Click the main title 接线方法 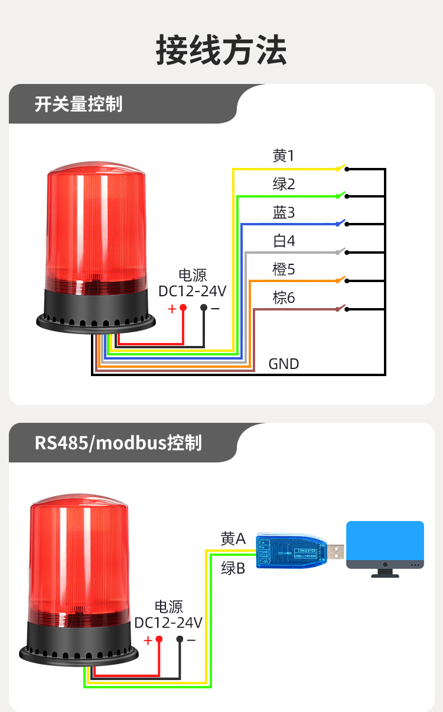point(221,50)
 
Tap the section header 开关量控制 point(79,104)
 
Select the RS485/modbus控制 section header point(118,442)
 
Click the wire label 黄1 point(284,156)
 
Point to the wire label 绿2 point(284,184)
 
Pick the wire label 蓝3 point(284,212)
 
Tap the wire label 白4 point(284,241)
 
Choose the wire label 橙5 point(284,269)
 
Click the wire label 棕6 point(284,297)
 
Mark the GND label point(284,364)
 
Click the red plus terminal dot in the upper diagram point(183,308)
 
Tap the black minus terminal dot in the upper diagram point(204,308)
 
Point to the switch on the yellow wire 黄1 point(341,168)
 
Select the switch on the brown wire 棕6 point(341,308)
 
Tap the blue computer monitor point(385,545)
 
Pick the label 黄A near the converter point(233,539)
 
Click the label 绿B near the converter point(233,568)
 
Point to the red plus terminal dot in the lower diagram point(159,639)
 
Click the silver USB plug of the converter point(336,552)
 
